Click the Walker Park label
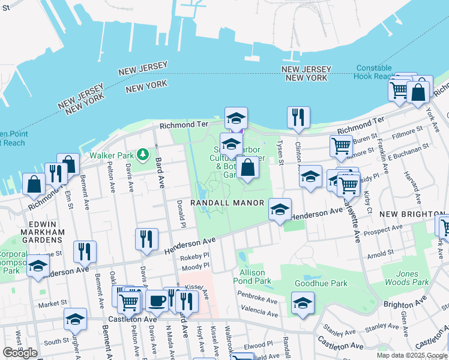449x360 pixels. coord(111,155)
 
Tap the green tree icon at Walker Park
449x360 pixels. coord(142,155)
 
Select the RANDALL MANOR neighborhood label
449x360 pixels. coord(228,203)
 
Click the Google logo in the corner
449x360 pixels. coord(20,353)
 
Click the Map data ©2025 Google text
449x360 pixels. coord(411,355)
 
